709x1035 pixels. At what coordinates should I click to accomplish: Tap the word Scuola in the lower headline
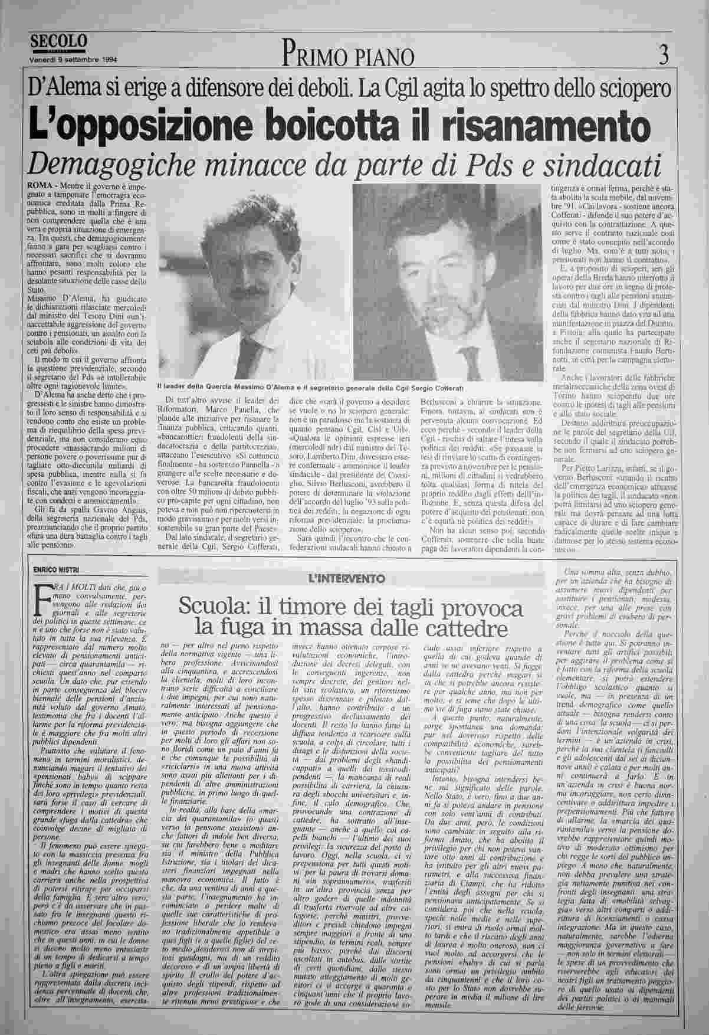pos(211,607)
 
